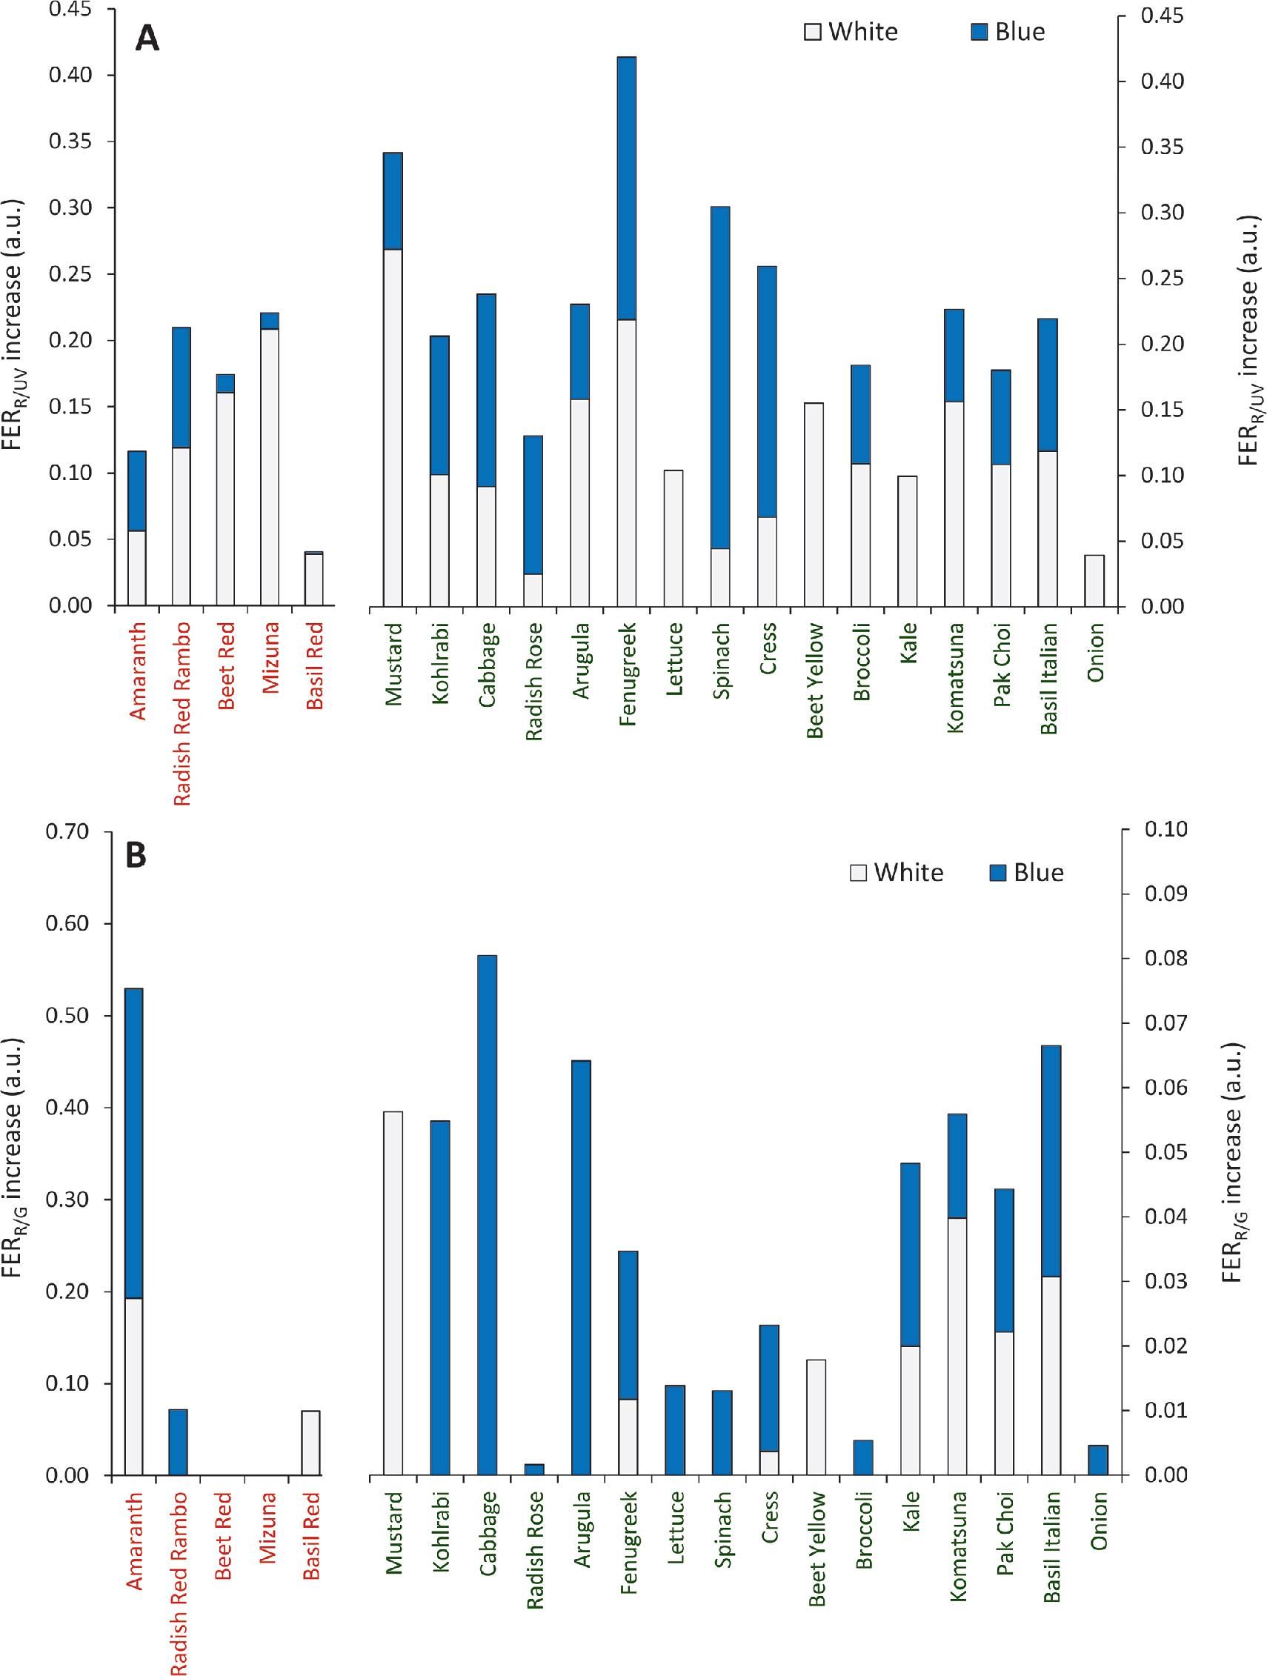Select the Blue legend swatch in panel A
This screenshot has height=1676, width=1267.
[x=980, y=32]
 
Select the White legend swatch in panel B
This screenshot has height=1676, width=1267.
[x=858, y=873]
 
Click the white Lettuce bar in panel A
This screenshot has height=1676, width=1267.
[x=674, y=538]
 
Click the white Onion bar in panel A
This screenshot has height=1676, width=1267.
[x=1094, y=580]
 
